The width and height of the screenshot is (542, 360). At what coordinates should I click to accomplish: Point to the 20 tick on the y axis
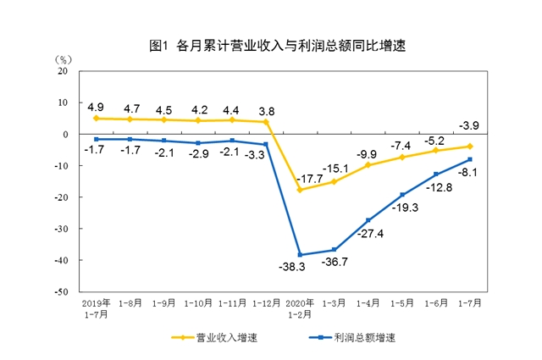[x=63, y=71]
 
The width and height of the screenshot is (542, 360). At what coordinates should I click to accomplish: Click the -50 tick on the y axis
[x=61, y=291]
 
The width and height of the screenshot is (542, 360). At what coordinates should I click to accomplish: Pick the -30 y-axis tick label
[x=61, y=229]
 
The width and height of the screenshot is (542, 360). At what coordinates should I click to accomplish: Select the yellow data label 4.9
[x=96, y=107]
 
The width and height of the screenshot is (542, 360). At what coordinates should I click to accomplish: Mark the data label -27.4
[x=369, y=234]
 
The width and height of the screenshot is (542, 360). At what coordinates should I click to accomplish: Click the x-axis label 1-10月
[x=197, y=302]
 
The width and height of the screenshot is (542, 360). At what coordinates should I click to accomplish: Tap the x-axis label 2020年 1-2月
[x=300, y=307]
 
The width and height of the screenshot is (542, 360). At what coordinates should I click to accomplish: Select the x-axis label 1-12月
[x=266, y=302]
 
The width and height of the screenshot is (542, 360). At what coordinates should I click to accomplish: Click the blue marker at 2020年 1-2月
[x=300, y=254]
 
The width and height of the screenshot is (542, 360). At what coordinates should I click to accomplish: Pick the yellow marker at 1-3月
[x=334, y=181]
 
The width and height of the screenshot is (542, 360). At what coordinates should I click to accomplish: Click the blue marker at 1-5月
[x=401, y=195]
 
